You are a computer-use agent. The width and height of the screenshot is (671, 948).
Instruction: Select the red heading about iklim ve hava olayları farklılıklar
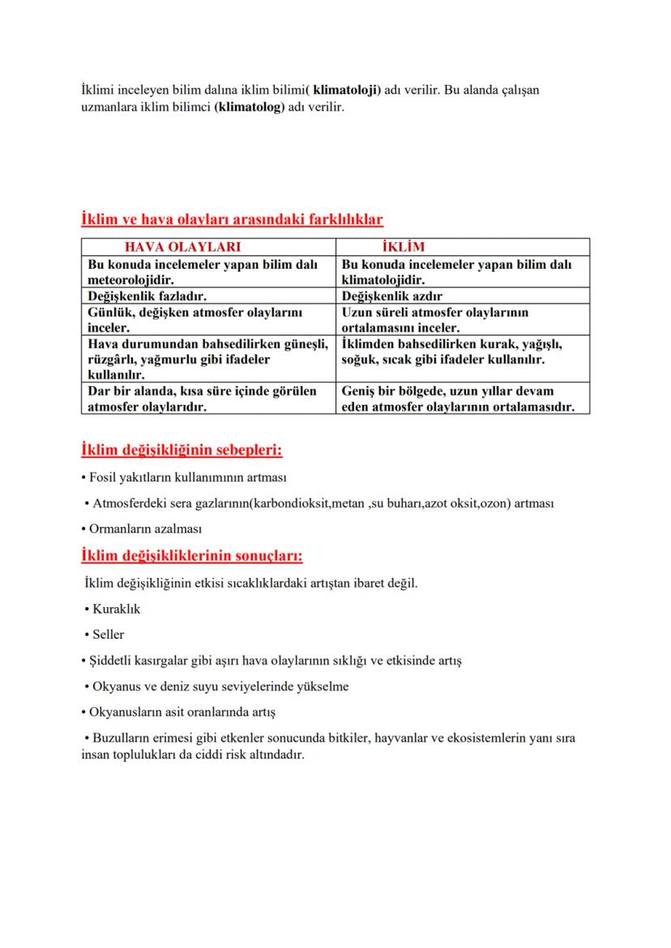(x=232, y=219)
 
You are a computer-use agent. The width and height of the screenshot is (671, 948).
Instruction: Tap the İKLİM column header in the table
(x=403, y=247)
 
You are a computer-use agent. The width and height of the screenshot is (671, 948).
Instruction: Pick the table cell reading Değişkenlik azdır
(x=392, y=296)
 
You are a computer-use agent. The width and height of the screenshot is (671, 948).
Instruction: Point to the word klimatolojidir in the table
(x=383, y=280)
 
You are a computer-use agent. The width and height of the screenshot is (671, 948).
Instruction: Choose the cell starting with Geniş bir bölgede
(x=457, y=398)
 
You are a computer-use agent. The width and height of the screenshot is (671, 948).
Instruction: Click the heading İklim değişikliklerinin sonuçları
(x=192, y=556)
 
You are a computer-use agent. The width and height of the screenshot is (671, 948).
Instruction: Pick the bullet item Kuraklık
(x=117, y=609)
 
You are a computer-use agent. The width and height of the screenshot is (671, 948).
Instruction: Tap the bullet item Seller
(x=109, y=635)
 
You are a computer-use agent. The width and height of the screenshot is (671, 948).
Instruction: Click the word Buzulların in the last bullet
(x=118, y=738)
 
